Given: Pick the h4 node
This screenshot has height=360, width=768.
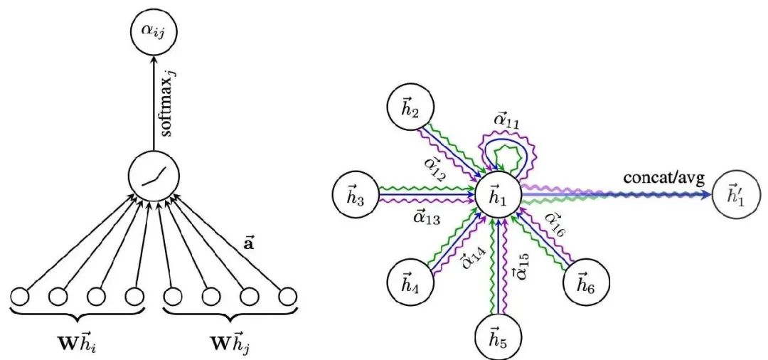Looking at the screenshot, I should click(x=410, y=277).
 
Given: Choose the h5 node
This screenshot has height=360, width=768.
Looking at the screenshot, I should click(x=498, y=333).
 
